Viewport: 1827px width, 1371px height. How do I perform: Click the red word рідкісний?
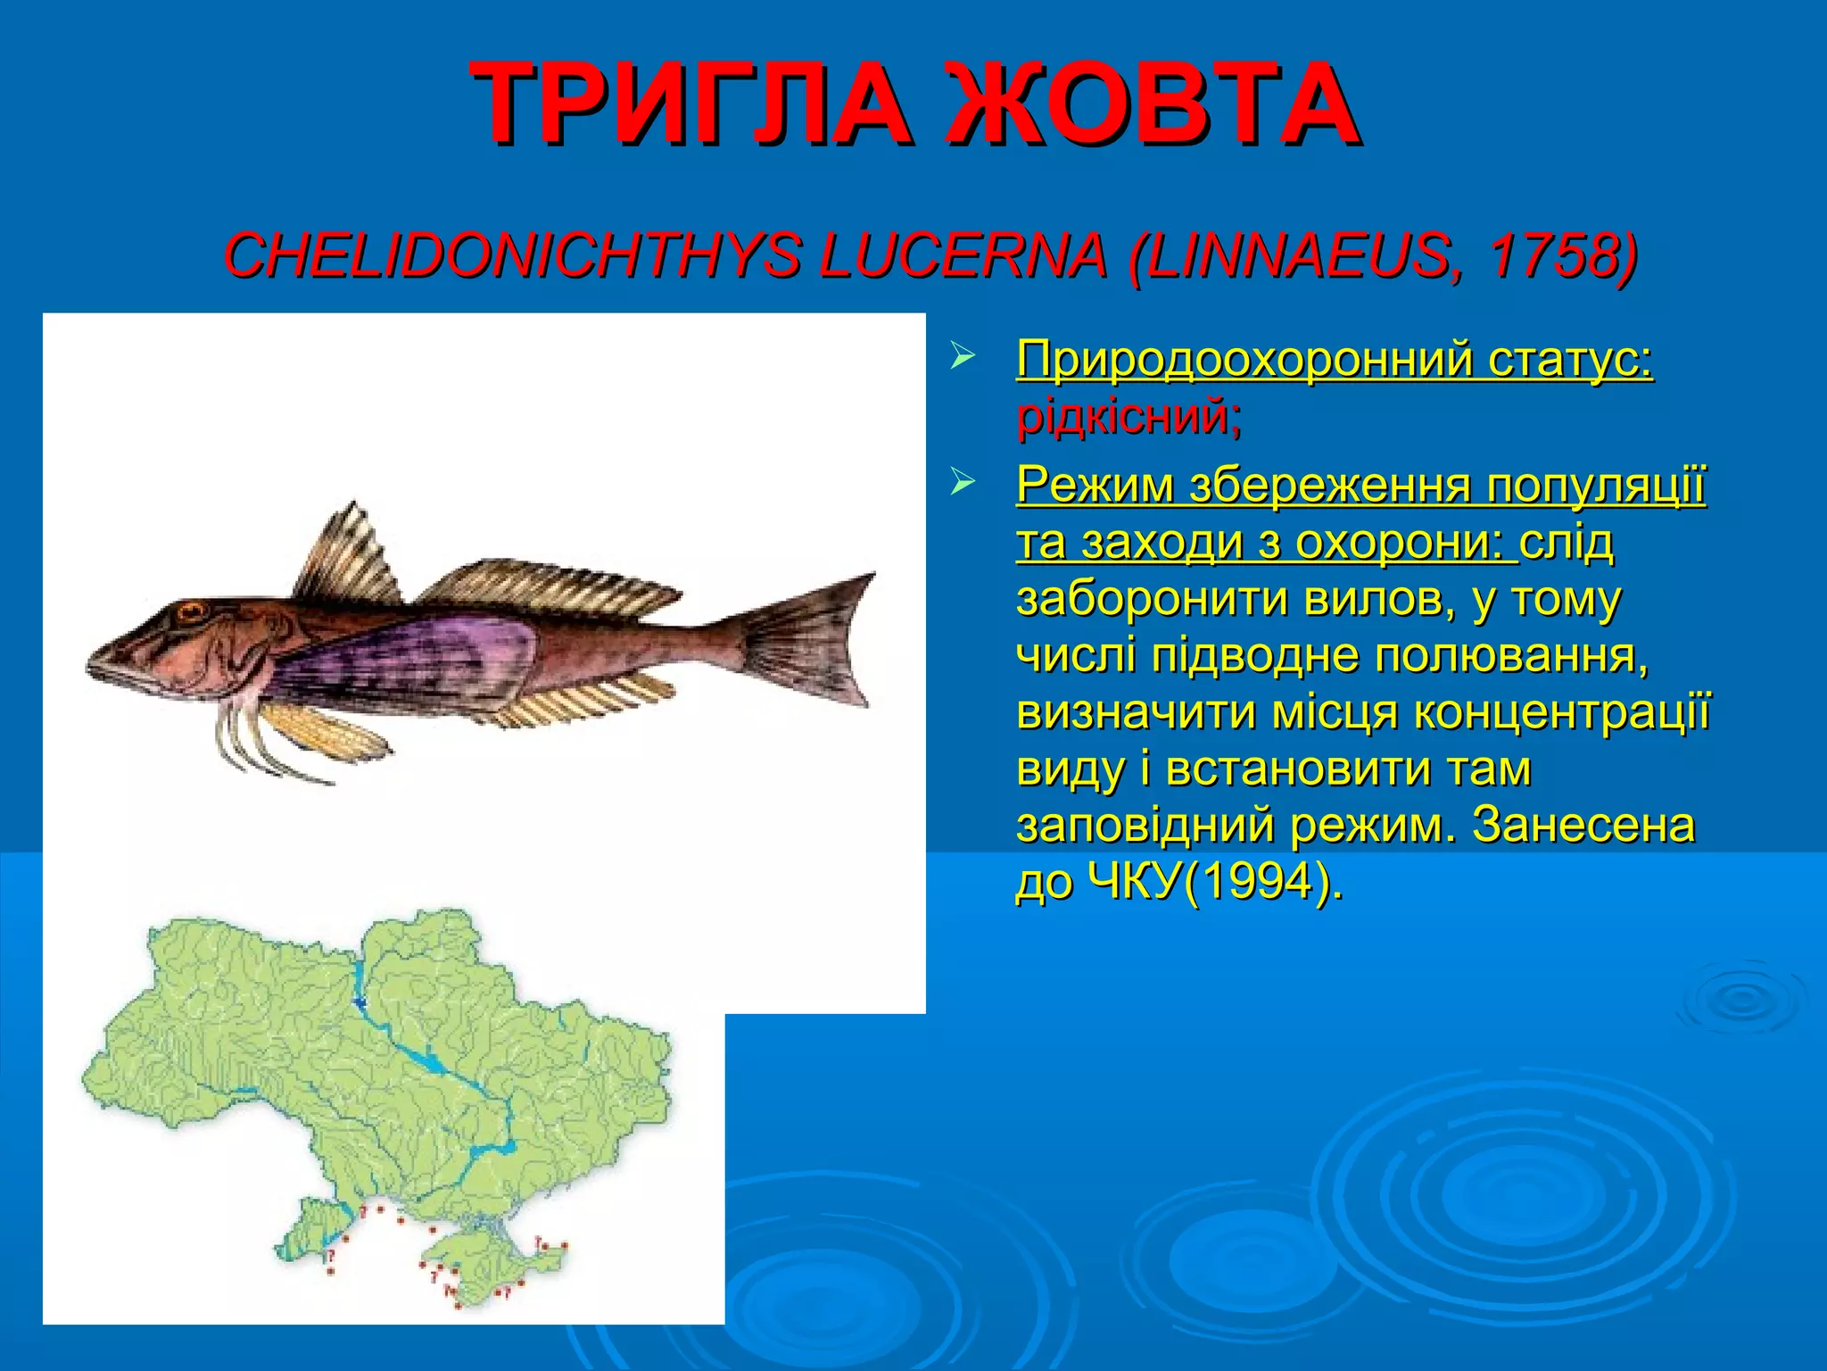[1128, 416]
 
